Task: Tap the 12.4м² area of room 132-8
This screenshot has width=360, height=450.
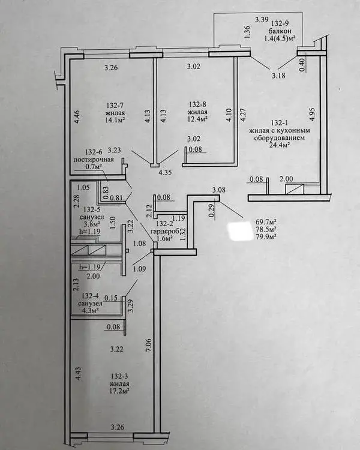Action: tap(197, 118)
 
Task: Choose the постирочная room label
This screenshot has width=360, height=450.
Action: tap(94, 160)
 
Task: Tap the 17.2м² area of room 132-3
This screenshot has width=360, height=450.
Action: tap(119, 391)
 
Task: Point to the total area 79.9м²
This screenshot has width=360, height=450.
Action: tap(266, 237)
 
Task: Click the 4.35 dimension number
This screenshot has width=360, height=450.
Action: tap(165, 173)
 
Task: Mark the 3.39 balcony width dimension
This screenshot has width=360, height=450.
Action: tap(262, 20)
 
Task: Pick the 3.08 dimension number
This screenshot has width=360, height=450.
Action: tap(218, 190)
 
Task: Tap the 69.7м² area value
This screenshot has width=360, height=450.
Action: tap(266, 222)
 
